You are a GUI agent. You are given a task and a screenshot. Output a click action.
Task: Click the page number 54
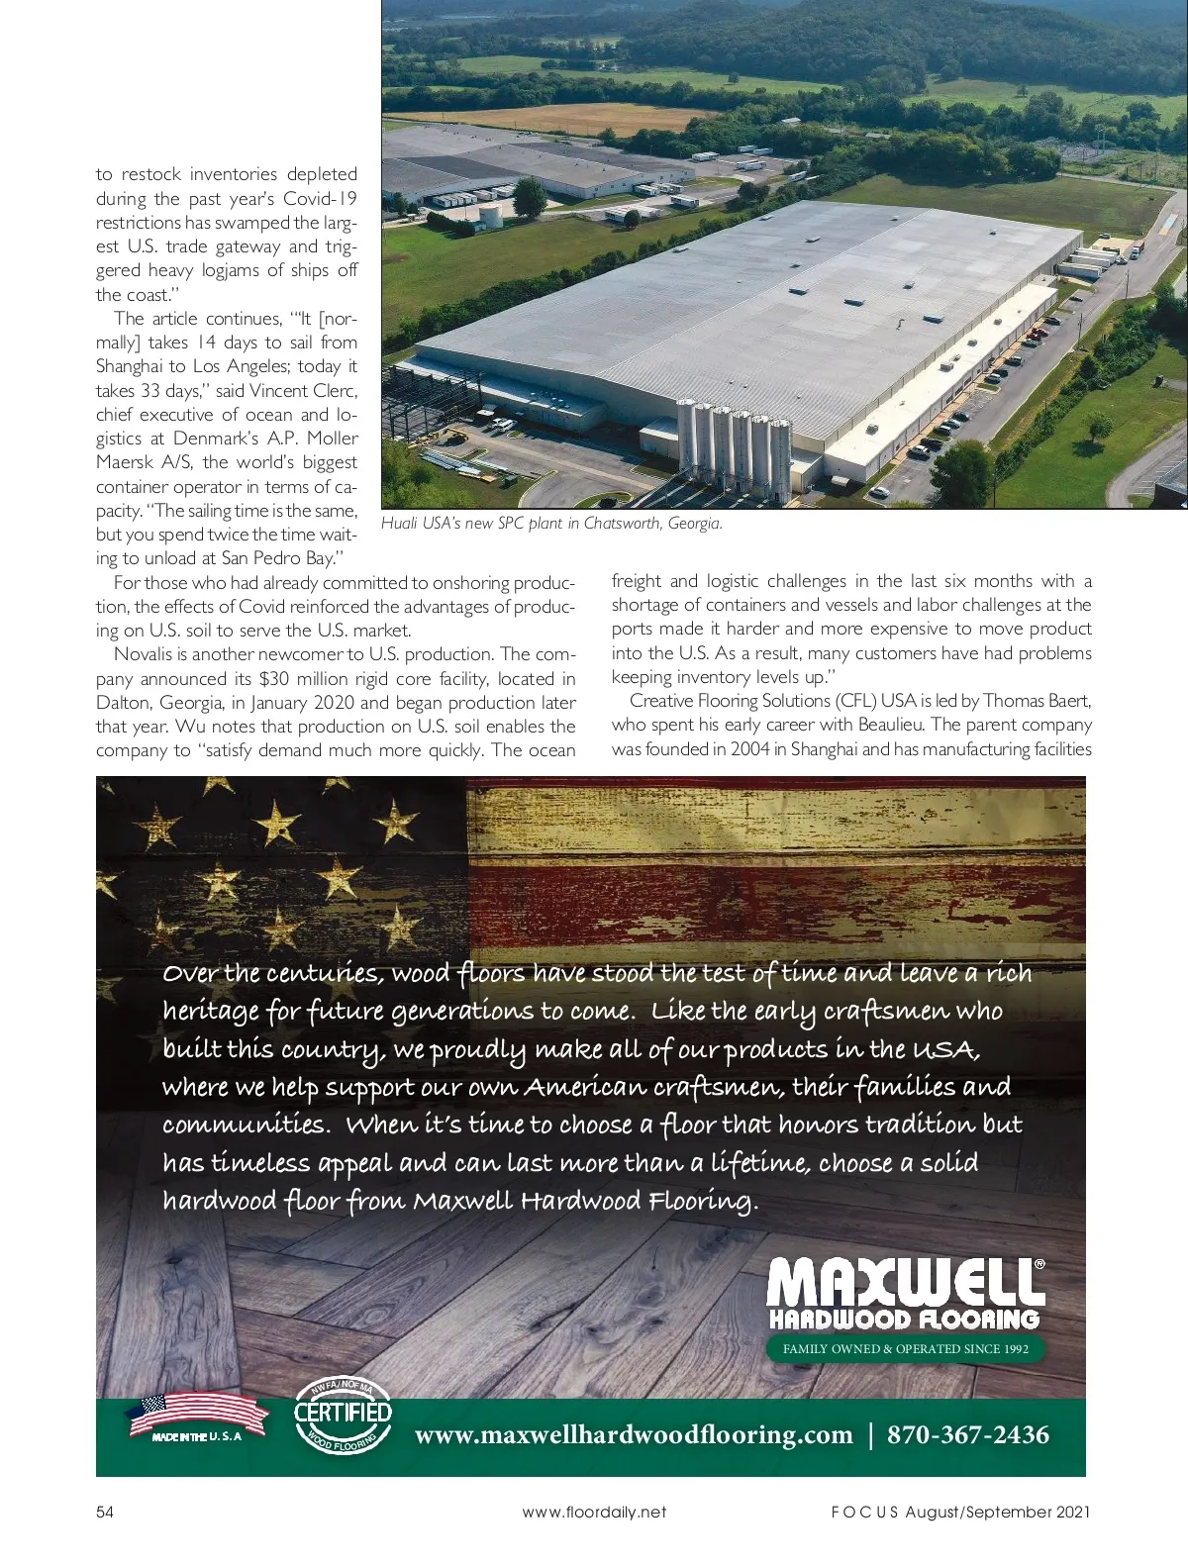(105, 1512)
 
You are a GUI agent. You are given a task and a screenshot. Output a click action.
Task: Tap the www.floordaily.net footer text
(594, 1512)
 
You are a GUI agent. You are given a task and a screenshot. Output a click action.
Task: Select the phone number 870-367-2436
(967, 1434)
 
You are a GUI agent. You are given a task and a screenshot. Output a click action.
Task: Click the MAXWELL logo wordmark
(905, 1282)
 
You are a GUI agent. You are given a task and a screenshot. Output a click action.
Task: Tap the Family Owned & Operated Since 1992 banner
(905, 1348)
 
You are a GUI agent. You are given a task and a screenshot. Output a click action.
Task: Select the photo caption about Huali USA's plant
(551, 524)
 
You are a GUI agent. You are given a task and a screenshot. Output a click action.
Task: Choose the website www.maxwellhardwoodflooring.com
(634, 1434)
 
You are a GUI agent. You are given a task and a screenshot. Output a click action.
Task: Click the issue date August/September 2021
(998, 1512)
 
